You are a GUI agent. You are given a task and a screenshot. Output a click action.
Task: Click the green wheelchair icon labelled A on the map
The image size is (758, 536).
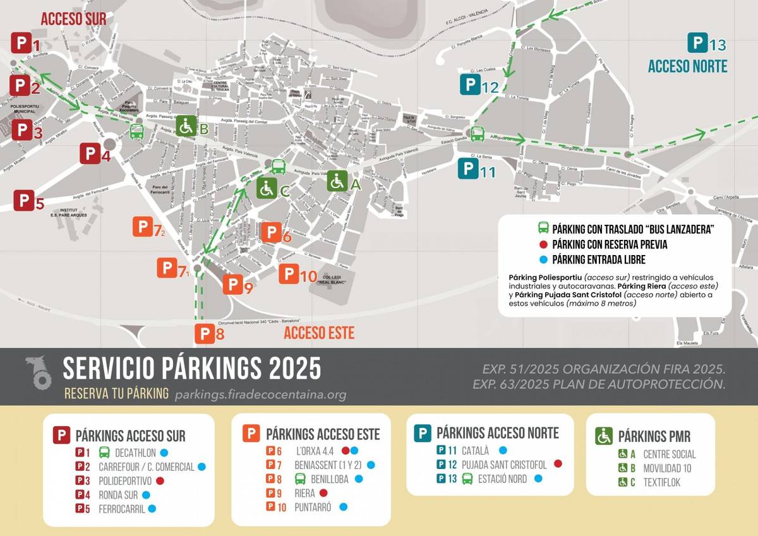pos(337,181)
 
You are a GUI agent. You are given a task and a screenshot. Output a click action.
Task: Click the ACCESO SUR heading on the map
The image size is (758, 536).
pos(74,19)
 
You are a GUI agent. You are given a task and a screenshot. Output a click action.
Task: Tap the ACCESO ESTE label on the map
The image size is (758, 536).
pos(319,333)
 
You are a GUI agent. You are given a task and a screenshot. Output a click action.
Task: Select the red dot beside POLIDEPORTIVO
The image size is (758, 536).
pos(160,481)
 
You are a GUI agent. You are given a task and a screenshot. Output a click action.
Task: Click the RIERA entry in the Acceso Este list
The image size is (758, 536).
pos(304,493)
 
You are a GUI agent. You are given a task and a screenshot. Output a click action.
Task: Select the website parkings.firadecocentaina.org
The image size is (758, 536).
pos(260,395)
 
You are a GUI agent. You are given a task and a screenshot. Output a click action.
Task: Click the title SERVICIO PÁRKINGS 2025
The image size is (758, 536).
pos(192,367)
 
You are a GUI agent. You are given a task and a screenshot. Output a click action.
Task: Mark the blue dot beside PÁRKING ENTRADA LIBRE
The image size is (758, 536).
pos(543,259)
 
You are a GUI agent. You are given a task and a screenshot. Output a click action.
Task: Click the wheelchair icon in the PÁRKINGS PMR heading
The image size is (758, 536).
pos(604,436)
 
